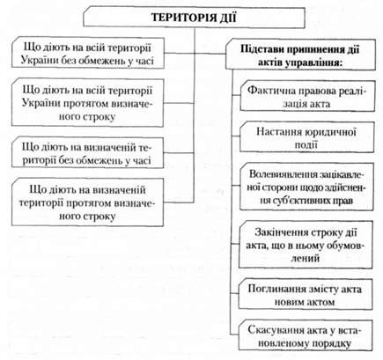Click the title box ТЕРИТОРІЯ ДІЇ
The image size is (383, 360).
[194, 18]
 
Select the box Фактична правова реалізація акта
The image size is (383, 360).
[307, 95]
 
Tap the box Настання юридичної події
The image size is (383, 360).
[307, 137]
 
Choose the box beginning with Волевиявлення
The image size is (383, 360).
[306, 187]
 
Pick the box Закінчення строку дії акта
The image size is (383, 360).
[306, 245]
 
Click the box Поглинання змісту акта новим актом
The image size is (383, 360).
[306, 294]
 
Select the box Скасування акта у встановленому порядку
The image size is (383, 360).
[306, 335]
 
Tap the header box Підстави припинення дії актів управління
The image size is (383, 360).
[300, 55]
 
